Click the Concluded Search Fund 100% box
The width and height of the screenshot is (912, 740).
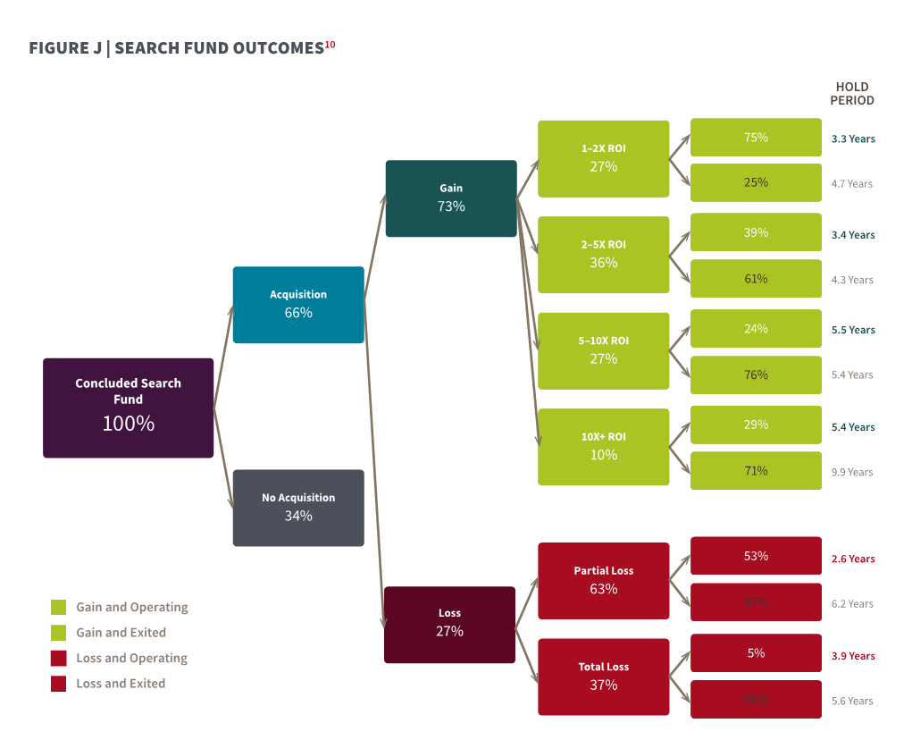pos(128,408)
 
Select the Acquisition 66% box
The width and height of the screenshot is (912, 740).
pos(298,305)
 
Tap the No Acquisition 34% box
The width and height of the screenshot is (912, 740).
pos(298,508)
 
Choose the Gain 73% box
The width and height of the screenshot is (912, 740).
pos(451,198)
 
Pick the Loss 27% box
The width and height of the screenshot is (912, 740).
pos(449,624)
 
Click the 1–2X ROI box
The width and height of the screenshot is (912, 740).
pos(603,158)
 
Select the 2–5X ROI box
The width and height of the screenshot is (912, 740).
pos(603,255)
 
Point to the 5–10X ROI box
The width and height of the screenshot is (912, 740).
pos(603,350)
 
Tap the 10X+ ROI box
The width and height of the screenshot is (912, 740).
pos(603,447)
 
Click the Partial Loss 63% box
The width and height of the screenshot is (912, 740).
pos(603,581)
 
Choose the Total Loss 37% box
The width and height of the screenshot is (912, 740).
pos(603,677)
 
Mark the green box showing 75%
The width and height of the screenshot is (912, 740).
pos(756,138)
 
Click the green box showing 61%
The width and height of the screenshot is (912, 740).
pos(756,279)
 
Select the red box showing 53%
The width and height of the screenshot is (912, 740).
pos(756,556)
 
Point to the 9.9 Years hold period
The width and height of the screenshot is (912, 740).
pos(851,472)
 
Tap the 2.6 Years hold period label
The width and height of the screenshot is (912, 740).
pos(853,559)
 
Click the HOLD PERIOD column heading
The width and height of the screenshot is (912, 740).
pos(851,94)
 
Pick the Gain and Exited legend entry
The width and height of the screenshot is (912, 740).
pos(121,633)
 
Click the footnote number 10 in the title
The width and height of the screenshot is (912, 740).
pos(330,44)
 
